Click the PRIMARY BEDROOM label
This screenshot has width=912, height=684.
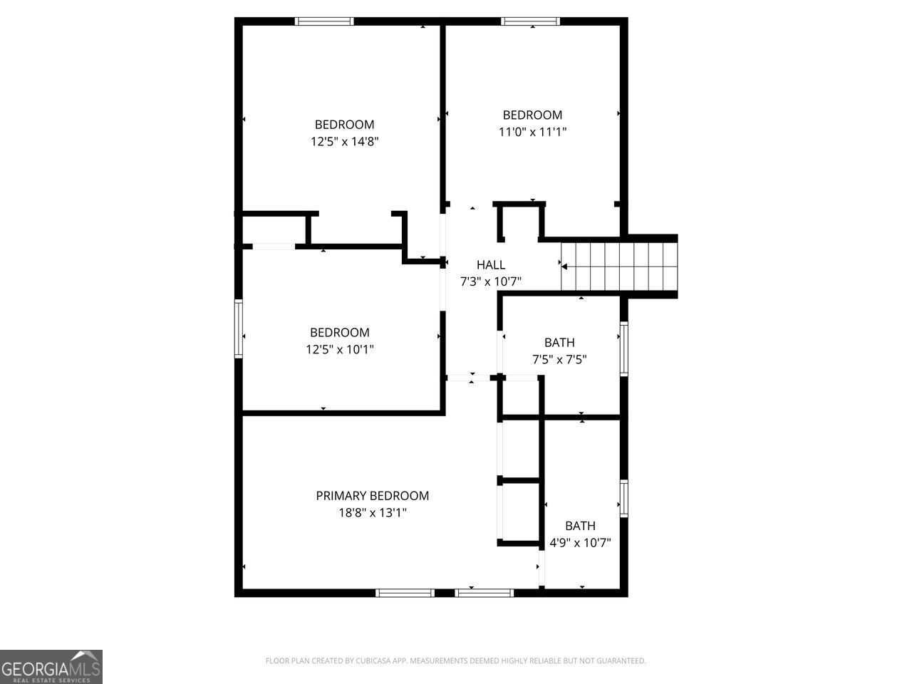tap(372, 496)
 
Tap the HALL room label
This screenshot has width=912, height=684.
tap(491, 265)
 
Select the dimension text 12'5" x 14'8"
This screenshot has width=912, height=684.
tap(344, 141)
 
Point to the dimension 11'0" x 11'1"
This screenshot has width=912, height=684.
tap(532, 131)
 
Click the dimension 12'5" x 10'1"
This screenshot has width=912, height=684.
tap(339, 349)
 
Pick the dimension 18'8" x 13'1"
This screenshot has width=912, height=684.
tap(372, 512)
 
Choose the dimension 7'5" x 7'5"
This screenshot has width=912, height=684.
tap(559, 359)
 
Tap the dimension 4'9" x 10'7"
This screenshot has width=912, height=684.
tap(580, 542)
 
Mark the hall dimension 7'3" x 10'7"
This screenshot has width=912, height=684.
tap(491, 281)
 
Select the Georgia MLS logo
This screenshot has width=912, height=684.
tap(51, 667)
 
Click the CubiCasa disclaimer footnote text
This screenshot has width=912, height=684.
tap(455, 661)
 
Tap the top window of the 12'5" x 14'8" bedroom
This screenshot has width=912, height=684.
tap(324, 21)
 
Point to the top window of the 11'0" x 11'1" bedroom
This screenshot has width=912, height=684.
tap(531, 21)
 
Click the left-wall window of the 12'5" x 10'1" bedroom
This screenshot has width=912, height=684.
tap(239, 328)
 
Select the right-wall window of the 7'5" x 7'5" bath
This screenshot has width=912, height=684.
tap(623, 348)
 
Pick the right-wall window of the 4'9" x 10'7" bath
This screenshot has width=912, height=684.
tap(623, 498)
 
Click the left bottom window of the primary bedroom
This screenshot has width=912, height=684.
tap(405, 592)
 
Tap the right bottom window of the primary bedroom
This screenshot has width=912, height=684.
tap(484, 592)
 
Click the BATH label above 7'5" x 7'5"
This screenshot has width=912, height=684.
tap(559, 343)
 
